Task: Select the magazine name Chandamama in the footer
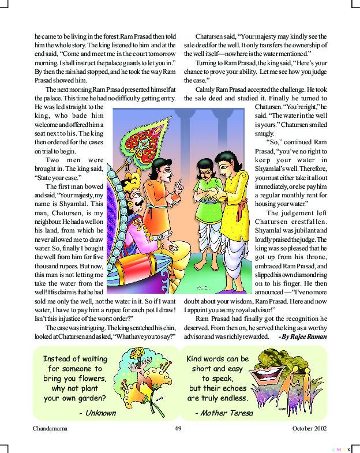coord(51,429)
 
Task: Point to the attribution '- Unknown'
coord(97,413)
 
